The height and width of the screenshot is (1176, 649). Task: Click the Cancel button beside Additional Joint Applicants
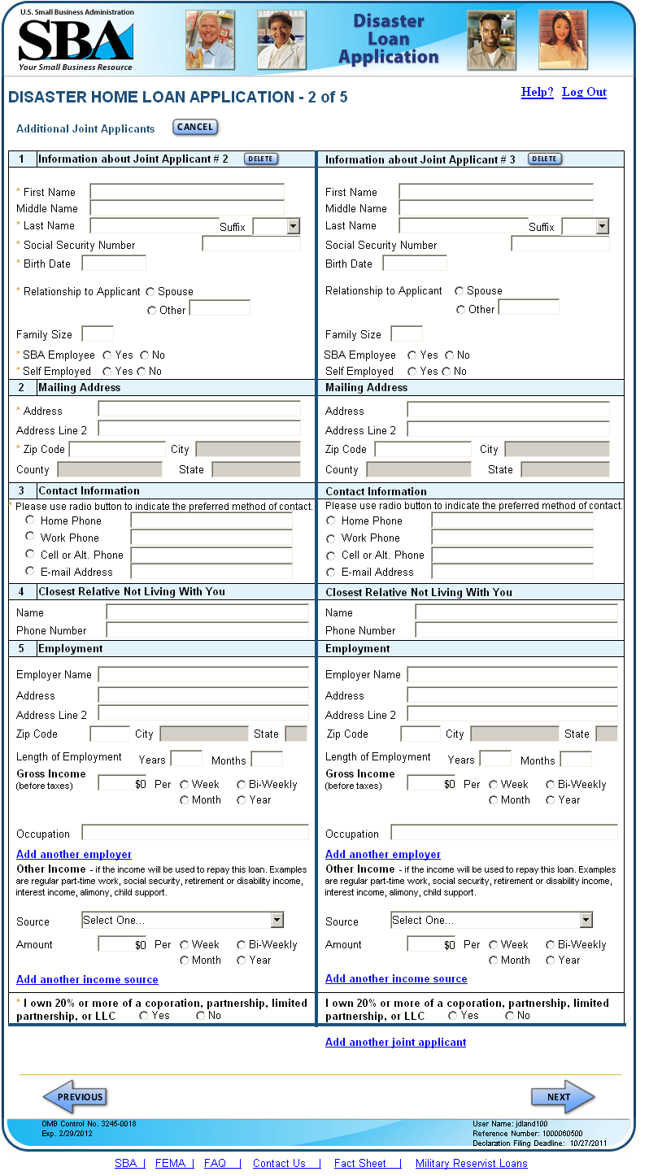click(x=195, y=127)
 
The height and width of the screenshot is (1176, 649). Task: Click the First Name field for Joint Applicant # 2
click(x=186, y=192)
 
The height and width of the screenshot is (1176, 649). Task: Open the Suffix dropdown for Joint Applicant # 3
click(x=602, y=227)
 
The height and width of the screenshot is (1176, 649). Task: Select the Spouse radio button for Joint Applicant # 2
click(x=150, y=292)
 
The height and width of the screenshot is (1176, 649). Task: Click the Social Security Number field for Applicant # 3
click(x=560, y=244)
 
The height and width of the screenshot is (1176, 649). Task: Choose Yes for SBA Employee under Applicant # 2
click(x=107, y=355)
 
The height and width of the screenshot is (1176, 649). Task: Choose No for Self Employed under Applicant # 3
click(x=446, y=372)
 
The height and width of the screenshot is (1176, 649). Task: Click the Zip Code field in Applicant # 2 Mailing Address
click(x=117, y=449)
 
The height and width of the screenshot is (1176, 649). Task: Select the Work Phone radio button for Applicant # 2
click(x=30, y=537)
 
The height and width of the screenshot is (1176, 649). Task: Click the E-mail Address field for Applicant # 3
click(x=512, y=572)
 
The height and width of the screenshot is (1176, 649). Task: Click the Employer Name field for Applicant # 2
click(x=203, y=674)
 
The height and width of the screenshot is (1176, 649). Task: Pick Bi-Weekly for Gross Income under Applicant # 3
click(x=551, y=785)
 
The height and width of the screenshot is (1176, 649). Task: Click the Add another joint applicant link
click(x=395, y=1042)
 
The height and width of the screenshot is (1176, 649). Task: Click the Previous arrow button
click(x=75, y=1097)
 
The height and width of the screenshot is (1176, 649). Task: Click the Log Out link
click(x=584, y=92)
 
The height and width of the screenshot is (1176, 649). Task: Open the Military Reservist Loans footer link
click(x=471, y=1163)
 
